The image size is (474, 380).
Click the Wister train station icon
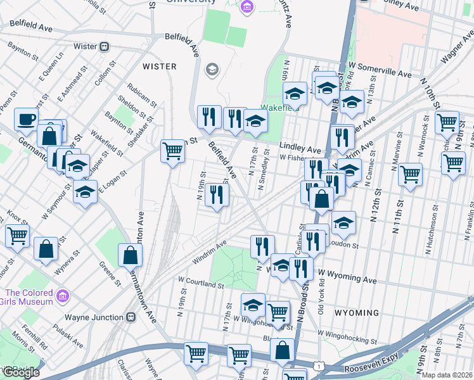pyautogui.click(x=105, y=46)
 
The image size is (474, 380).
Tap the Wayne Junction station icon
pyautogui.click(x=131, y=317)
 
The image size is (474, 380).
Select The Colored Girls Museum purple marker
pyautogui.click(x=63, y=296)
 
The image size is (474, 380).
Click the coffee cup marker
pyautogui.click(x=26, y=118)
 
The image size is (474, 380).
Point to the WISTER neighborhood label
pyautogui.click(x=159, y=66)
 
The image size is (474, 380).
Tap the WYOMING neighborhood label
pyautogui.click(x=357, y=313)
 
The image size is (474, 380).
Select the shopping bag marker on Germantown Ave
pyautogui.click(x=130, y=255)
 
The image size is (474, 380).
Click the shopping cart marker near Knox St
pyautogui.click(x=17, y=236)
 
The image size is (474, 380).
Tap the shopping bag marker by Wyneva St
pyautogui.click(x=46, y=249)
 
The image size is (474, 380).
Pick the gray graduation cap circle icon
pyautogui.click(x=212, y=69)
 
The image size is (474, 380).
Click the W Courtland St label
pyautogui.click(x=202, y=284)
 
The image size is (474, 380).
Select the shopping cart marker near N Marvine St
pyautogui.click(x=411, y=173)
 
